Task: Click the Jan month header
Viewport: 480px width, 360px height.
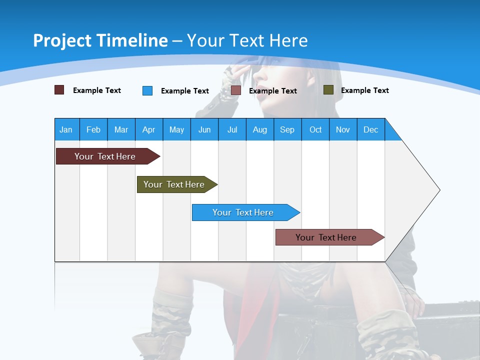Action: pyautogui.click(x=66, y=129)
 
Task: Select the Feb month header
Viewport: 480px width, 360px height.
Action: pyautogui.click(x=93, y=129)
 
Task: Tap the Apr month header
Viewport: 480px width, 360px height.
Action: pyautogui.click(x=148, y=129)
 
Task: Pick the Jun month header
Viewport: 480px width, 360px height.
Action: pyautogui.click(x=204, y=129)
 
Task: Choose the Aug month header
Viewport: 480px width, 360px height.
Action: pyautogui.click(x=259, y=129)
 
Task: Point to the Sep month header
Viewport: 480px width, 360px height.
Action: pyautogui.click(x=287, y=129)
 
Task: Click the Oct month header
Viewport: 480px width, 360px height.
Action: pyautogui.click(x=315, y=129)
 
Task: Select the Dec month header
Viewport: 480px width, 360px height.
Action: pyautogui.click(x=370, y=129)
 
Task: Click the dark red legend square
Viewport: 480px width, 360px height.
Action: pyautogui.click(x=59, y=90)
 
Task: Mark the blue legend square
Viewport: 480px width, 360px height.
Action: pyautogui.click(x=147, y=90)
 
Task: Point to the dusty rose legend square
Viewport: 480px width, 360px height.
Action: pyautogui.click(x=235, y=90)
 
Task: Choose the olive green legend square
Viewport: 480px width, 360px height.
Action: pyautogui.click(x=328, y=90)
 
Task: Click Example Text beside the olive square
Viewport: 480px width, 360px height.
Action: pyautogui.click(x=364, y=90)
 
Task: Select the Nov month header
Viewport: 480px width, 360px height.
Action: pyautogui.click(x=342, y=129)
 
